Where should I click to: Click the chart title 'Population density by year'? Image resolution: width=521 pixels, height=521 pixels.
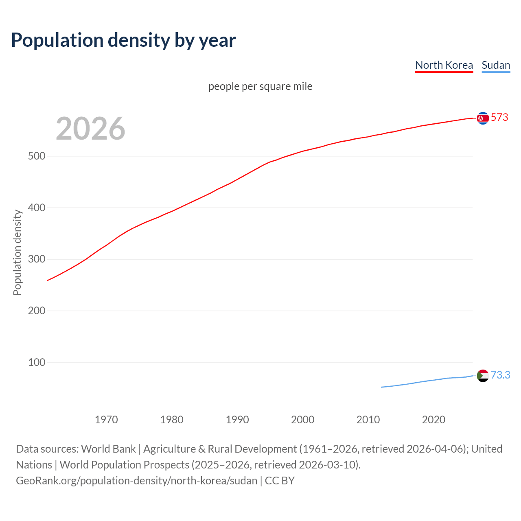tap(123, 40)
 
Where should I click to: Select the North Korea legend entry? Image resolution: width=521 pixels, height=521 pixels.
tap(444, 65)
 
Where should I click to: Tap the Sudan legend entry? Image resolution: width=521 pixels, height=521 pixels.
tap(495, 65)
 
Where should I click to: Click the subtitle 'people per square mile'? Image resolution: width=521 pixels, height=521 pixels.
tap(260, 86)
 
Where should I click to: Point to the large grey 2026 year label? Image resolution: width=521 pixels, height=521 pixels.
tap(90, 129)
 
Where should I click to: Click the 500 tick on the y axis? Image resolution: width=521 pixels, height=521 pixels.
tap(37, 156)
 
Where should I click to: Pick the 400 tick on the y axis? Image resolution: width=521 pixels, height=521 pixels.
tap(37, 208)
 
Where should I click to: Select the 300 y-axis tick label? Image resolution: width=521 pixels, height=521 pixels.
tap(37, 259)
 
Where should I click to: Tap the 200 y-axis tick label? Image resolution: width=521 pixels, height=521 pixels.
tap(37, 311)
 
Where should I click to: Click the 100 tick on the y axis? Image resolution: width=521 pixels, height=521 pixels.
tap(37, 362)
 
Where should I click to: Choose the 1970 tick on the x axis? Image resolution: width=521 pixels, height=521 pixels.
tap(106, 420)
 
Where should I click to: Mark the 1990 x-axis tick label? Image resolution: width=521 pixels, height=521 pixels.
tap(237, 420)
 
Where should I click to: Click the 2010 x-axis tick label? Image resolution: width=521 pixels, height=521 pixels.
tap(368, 420)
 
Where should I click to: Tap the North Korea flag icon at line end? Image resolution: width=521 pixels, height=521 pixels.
tap(483, 118)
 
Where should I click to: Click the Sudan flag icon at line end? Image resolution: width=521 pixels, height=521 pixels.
tap(483, 375)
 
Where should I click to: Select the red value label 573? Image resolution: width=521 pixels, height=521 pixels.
tap(499, 118)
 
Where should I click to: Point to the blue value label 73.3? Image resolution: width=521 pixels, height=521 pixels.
tap(500, 375)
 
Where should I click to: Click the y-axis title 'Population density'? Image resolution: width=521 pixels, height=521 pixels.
tap(17, 252)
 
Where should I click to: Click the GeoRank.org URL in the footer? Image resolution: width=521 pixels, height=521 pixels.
tap(136, 481)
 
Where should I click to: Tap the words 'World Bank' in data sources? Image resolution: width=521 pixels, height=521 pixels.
tap(108, 449)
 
